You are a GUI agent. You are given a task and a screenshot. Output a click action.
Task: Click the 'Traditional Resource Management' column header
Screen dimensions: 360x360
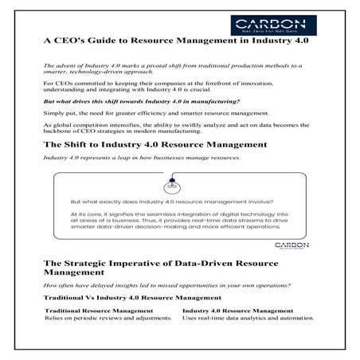pos(99,310)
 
